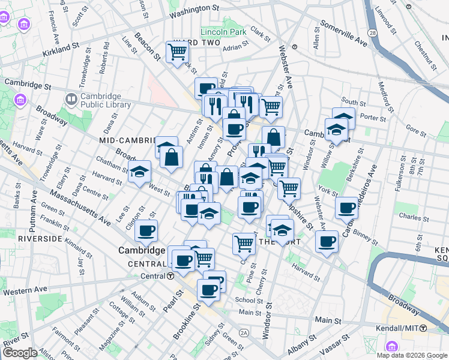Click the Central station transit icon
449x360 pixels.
170,277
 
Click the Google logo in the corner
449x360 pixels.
20,352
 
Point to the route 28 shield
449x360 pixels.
373,32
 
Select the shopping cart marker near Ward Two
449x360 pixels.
178,52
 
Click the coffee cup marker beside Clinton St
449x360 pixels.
146,229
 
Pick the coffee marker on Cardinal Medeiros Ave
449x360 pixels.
346,208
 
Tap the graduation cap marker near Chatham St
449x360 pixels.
139,172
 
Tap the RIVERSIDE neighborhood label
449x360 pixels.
40,238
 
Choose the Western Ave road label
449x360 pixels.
25,290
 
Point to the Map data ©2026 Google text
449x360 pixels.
412,355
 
